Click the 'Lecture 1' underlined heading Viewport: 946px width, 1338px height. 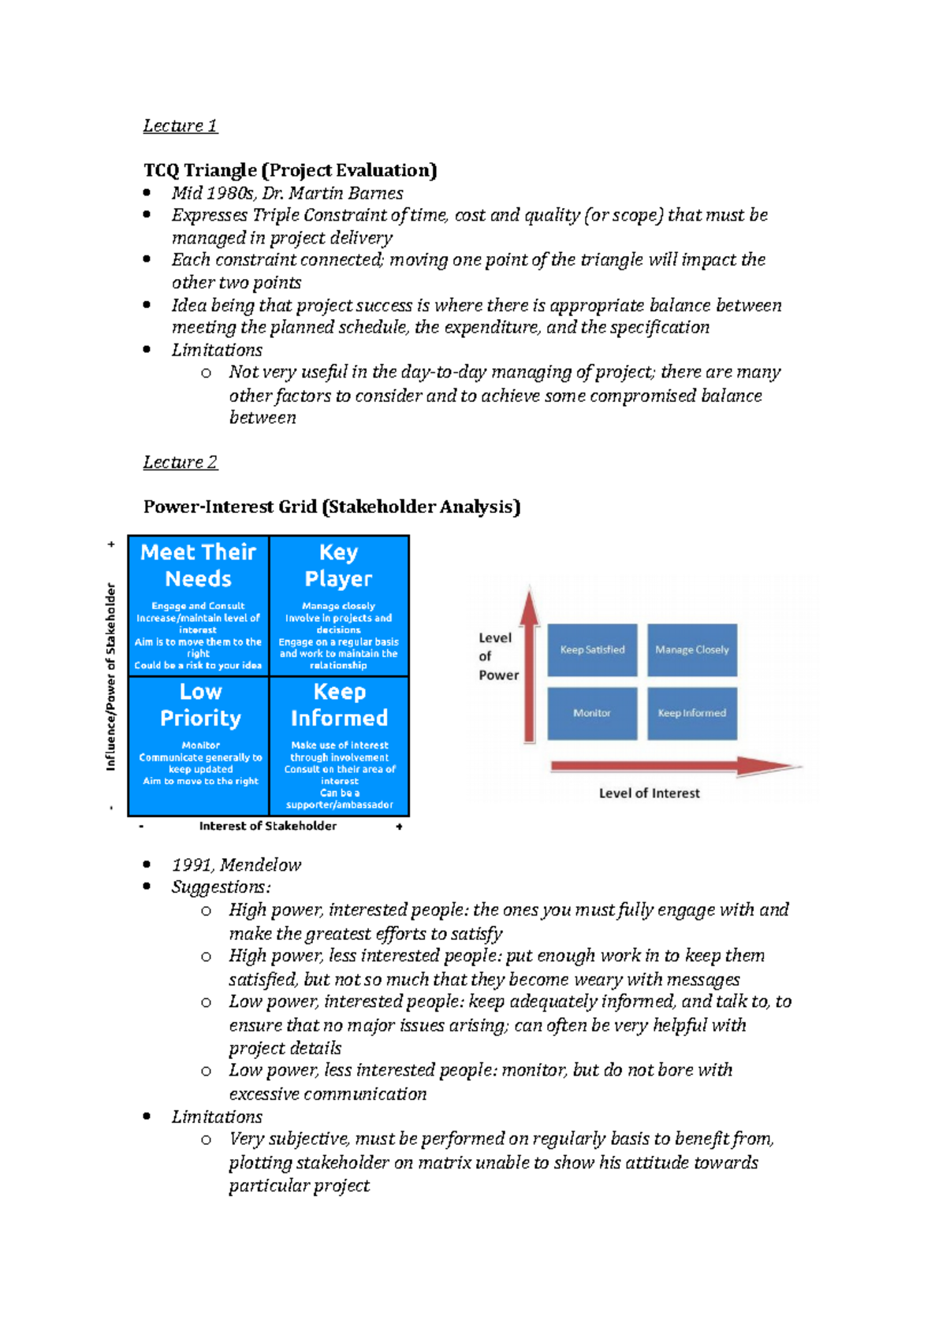coord(180,126)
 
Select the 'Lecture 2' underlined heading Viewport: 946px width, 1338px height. coord(180,463)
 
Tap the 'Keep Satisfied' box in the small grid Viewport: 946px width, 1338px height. coord(592,650)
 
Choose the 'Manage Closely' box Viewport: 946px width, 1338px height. coord(692,650)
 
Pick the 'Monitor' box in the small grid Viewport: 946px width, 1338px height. coord(592,713)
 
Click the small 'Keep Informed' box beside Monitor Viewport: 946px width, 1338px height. coord(692,713)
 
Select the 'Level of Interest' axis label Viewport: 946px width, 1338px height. coord(649,794)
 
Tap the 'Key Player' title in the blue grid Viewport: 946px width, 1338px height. coord(339,565)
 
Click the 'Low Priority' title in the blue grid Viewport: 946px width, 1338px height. coord(200,704)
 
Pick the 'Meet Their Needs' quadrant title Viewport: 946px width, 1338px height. coord(199,565)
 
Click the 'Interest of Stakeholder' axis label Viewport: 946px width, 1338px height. coord(267,826)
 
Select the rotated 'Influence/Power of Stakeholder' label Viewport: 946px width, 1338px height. coord(110,676)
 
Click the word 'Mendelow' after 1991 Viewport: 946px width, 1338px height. coord(260,865)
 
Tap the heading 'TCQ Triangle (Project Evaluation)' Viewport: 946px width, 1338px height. coord(290,170)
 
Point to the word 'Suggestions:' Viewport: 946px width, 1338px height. coord(222,887)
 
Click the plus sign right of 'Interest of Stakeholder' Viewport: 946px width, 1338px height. coord(400,827)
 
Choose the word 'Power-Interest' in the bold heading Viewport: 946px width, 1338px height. coord(208,507)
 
